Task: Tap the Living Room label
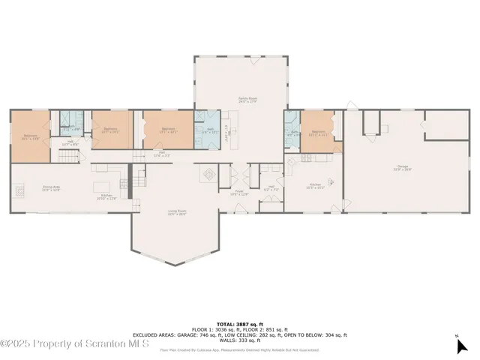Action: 177,213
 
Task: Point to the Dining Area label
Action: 50,189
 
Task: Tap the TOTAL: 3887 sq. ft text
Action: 240,319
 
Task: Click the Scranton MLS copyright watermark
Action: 75,343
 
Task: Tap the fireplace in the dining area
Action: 19,190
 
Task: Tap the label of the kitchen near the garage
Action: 314,186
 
